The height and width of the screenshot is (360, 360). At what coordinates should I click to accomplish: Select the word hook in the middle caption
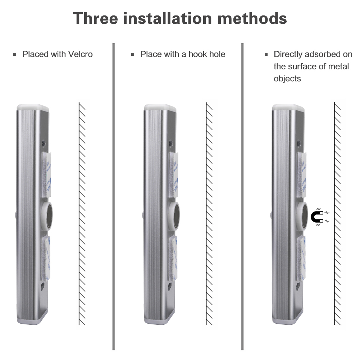(194, 54)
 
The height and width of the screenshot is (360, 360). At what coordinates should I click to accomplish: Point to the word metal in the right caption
(338, 67)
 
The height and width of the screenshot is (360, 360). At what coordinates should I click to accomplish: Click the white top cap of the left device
(32, 107)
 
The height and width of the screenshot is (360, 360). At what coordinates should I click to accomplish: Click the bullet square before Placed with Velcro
(15, 55)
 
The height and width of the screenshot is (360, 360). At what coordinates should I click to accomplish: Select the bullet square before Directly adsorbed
(266, 55)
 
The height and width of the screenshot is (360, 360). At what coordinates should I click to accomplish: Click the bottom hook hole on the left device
(43, 287)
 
